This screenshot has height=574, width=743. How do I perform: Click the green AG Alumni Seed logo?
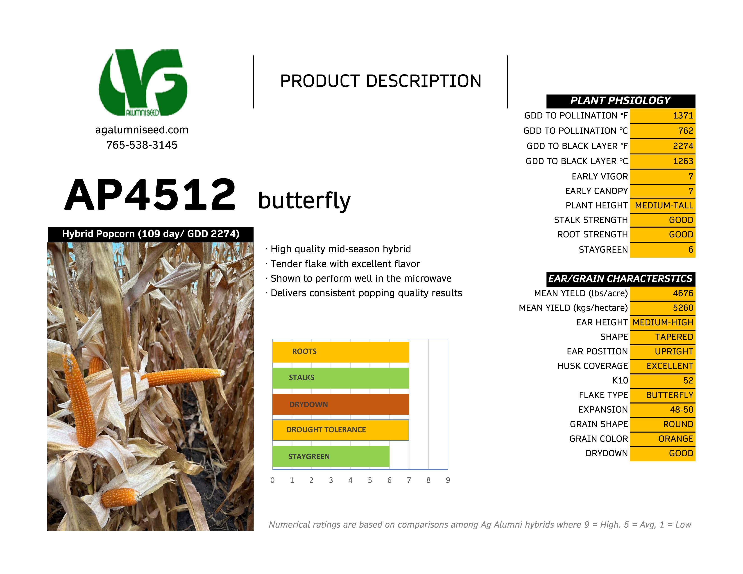143,82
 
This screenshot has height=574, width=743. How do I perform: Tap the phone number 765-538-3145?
142,145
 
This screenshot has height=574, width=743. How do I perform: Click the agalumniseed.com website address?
142,130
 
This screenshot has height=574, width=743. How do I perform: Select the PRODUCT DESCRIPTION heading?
381,81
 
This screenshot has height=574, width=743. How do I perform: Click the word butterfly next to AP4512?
304,200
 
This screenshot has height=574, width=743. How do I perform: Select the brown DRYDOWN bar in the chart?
340,404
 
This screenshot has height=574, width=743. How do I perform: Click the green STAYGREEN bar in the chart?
331,456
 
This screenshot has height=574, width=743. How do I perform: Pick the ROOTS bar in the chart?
340,352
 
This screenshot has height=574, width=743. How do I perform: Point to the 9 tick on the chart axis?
448,480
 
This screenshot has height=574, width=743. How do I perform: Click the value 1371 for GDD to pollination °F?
683,116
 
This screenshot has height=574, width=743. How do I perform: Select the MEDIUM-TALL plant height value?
664,205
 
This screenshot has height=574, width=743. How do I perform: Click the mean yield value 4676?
683,293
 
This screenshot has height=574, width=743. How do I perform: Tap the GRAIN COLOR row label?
598,439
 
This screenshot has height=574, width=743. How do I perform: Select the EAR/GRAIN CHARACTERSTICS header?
621,279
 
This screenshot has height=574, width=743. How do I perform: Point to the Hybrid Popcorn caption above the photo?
151,234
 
